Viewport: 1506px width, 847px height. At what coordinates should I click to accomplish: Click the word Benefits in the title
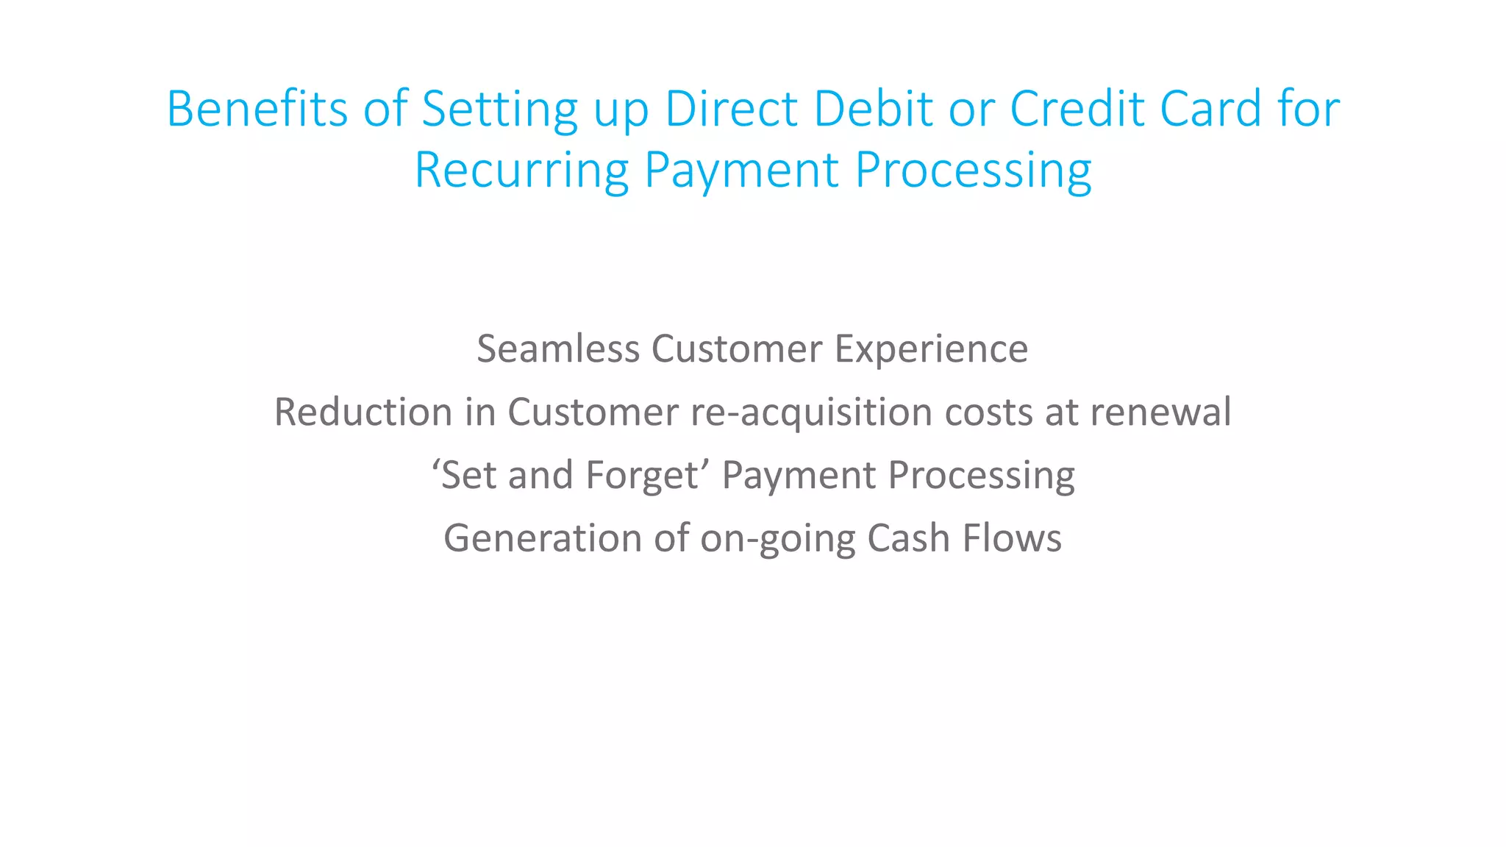pyautogui.click(x=257, y=109)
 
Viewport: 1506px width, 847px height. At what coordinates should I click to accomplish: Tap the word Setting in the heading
pyautogui.click(x=499, y=109)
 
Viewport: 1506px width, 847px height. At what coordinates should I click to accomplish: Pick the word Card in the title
pyautogui.click(x=1210, y=109)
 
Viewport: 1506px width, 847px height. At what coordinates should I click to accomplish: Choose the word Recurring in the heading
pyautogui.click(x=521, y=171)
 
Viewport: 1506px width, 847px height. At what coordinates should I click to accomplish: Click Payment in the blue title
pyautogui.click(x=741, y=171)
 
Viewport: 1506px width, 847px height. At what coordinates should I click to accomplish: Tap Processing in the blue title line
pyautogui.click(x=973, y=171)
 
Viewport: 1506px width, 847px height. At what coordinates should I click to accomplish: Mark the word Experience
pyautogui.click(x=931, y=349)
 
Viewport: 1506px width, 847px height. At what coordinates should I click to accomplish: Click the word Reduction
pyautogui.click(x=363, y=412)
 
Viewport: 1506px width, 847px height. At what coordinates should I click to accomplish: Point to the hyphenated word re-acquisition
pyautogui.click(x=811, y=412)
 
